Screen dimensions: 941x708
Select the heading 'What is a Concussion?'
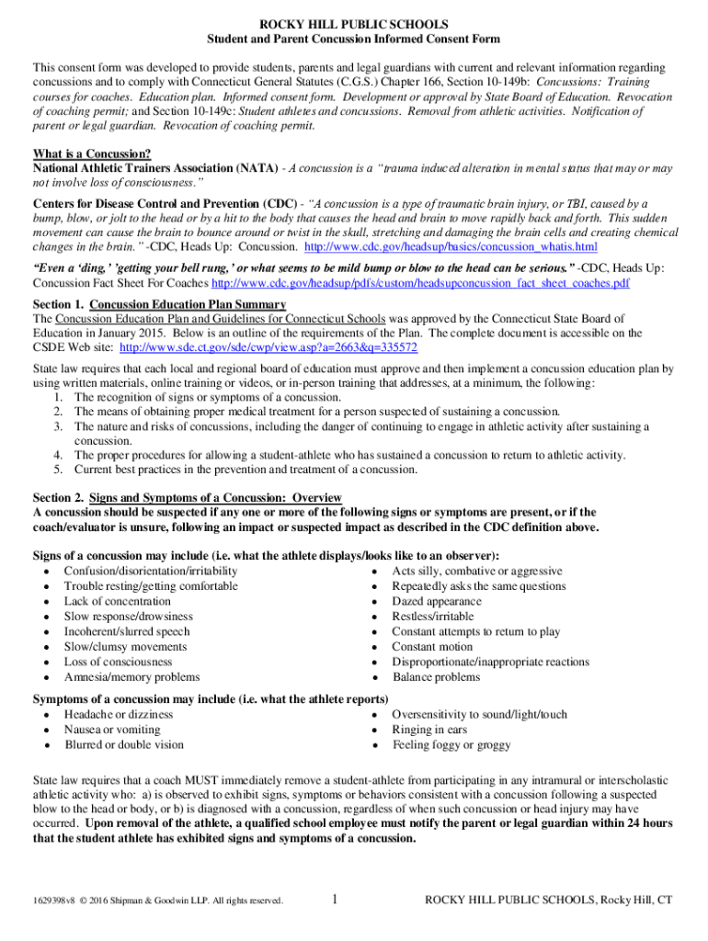[x=92, y=153]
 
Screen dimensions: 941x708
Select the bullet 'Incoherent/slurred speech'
[x=127, y=631]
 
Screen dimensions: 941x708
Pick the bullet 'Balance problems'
[x=436, y=677]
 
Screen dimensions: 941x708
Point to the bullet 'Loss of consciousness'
[x=118, y=662]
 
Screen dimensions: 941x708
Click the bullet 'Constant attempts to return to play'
[x=475, y=631]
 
